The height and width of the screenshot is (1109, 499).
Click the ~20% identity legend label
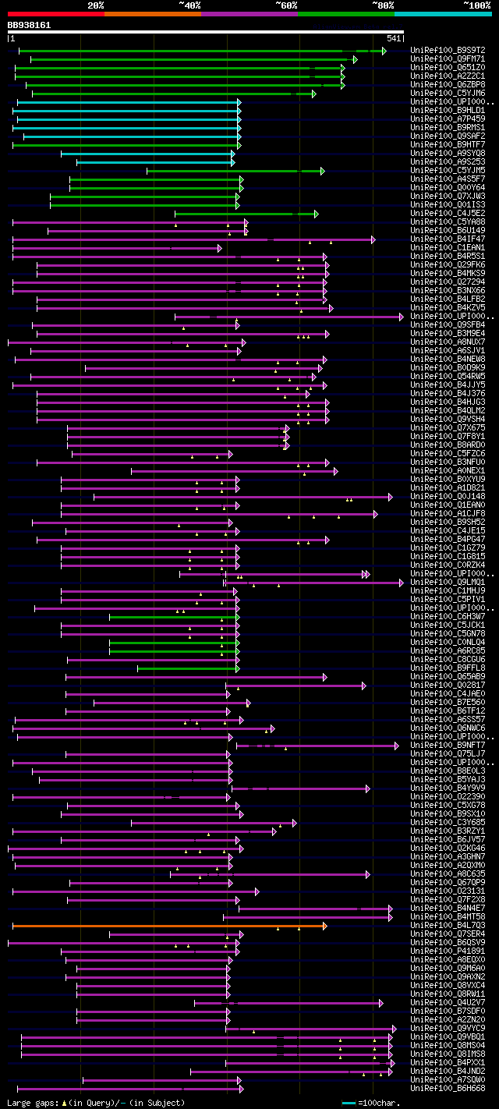pos(95,5)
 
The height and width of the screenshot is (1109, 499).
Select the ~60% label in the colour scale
pos(286,5)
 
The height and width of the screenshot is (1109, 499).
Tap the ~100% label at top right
pos(476,5)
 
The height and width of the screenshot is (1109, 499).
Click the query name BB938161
pos(29,25)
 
